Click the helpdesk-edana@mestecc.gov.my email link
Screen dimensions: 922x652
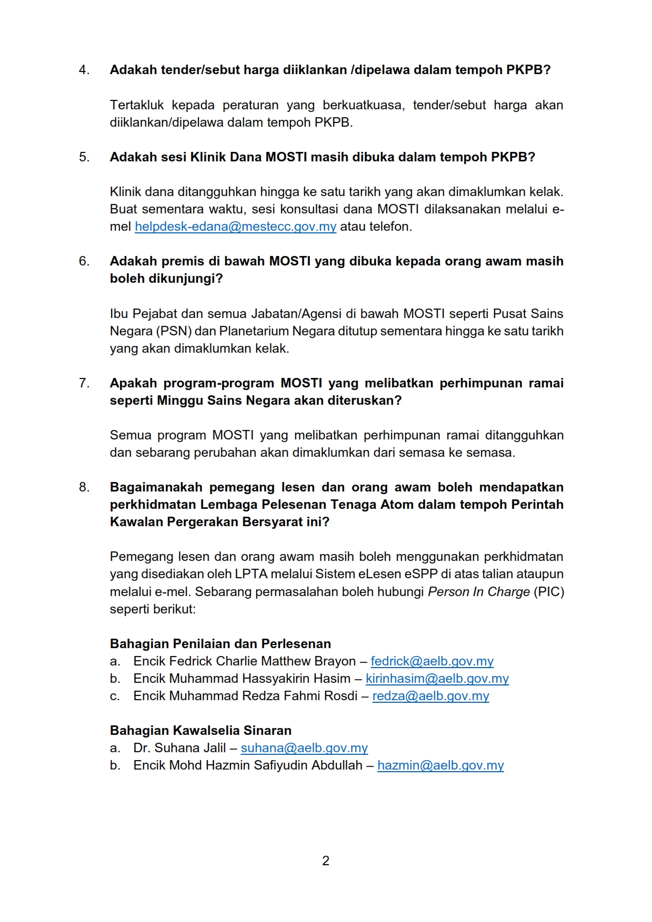pos(235,227)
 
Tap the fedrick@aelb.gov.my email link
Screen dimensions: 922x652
pos(432,661)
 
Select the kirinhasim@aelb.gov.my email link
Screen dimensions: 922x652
pos(437,679)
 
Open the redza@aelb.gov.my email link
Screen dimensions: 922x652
pos(430,696)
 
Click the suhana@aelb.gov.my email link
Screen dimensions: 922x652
pos(304,748)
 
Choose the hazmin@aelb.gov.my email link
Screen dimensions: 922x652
pos(440,765)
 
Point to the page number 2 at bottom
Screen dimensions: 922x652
pos(326,861)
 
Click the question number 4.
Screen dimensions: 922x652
pos(84,70)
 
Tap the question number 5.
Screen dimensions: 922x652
pos(84,157)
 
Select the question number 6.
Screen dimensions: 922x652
pos(84,261)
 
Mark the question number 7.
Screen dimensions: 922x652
pos(84,383)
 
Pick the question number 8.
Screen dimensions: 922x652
pos(84,487)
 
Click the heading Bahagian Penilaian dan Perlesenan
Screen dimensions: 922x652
pos(220,644)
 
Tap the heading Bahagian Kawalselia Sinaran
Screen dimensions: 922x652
pos(200,731)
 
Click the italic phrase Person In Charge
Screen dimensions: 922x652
pos(479,592)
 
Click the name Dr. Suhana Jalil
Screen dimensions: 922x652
pos(179,748)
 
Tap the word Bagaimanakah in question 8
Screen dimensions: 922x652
pos(156,487)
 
